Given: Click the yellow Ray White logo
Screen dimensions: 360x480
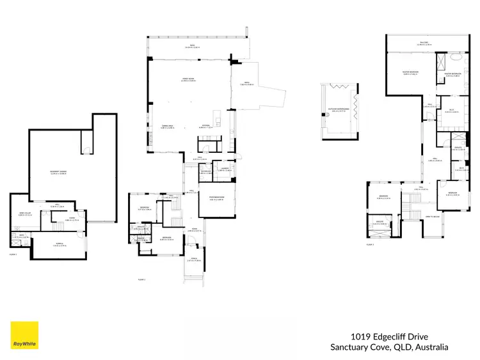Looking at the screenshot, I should tap(24, 336).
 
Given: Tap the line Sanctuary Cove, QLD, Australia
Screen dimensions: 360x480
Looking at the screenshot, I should tap(388, 347).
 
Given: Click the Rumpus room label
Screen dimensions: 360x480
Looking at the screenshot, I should tap(58, 244).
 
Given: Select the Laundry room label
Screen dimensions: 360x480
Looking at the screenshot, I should tap(225, 169).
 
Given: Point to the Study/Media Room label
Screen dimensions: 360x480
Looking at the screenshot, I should tap(216, 198).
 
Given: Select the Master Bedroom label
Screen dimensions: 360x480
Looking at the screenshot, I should tap(410, 72).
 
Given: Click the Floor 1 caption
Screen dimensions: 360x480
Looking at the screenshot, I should tap(13, 254).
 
